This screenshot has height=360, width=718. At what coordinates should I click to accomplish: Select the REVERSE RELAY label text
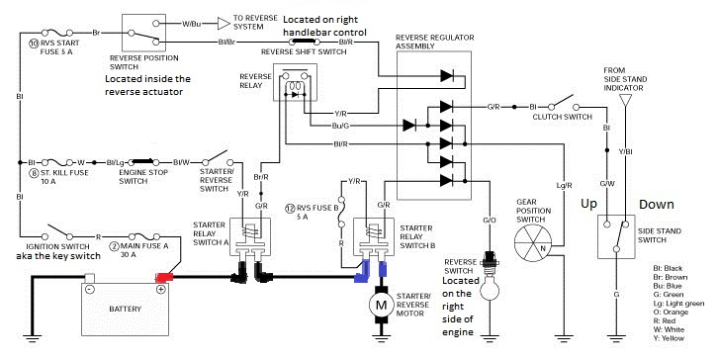pos(254,81)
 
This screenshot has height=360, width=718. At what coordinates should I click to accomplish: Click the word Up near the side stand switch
pos(589,203)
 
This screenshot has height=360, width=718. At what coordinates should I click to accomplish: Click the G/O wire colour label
pos(490,219)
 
